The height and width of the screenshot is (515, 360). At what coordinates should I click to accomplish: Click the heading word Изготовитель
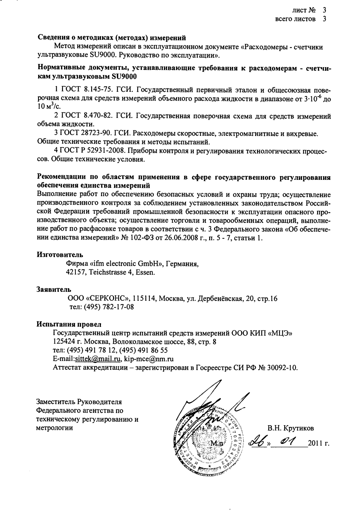point(59,254)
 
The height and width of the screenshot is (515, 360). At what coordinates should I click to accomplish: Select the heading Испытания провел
point(69,324)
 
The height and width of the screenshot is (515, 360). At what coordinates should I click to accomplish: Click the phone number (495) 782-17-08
point(102,307)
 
